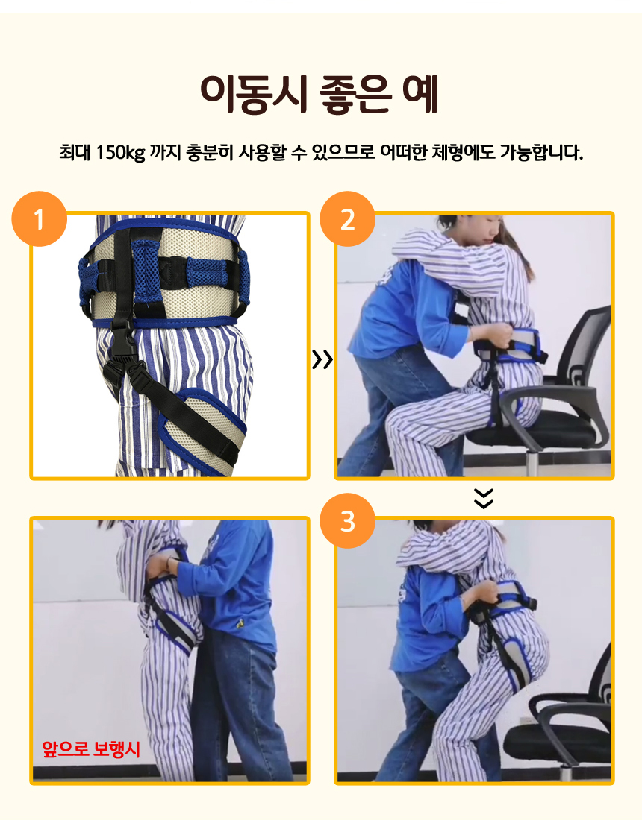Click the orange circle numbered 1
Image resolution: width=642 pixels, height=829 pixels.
(x=39, y=219)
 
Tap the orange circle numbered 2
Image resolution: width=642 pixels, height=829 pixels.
(x=347, y=219)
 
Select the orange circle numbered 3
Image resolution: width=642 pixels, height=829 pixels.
(x=347, y=521)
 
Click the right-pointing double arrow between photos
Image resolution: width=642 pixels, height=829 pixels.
(x=322, y=359)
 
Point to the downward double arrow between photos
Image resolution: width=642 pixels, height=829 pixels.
(x=484, y=498)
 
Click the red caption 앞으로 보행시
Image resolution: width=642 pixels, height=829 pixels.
(x=91, y=748)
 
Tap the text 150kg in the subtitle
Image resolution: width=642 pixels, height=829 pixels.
(x=120, y=152)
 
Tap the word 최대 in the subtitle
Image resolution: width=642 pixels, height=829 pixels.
(x=75, y=152)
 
